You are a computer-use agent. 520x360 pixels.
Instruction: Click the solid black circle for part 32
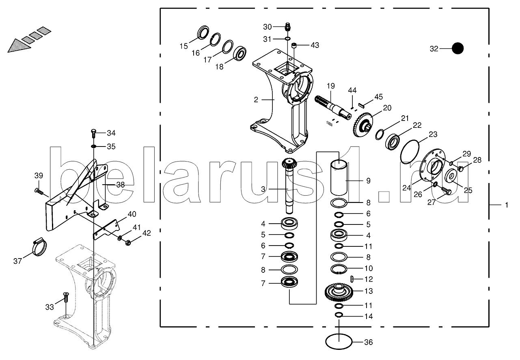tap(457, 49)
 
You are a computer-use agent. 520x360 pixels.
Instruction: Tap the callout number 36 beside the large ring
tap(369, 343)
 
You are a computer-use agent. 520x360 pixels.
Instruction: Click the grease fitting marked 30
tap(288, 27)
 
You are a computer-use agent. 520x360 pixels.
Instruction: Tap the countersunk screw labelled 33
tap(66, 297)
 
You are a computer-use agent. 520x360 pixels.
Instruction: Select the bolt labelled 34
tap(93, 134)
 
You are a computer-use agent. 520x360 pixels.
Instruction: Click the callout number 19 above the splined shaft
tap(331, 86)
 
